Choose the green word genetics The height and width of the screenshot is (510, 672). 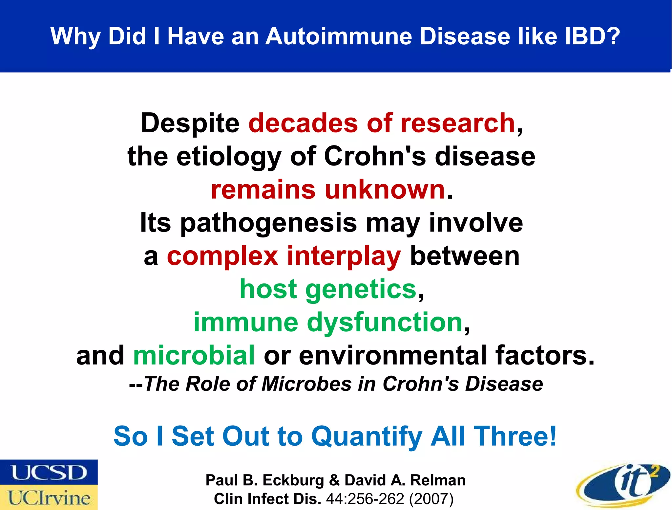click(x=361, y=290)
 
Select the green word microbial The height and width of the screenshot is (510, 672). click(x=194, y=355)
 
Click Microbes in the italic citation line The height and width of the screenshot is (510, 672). click(x=306, y=384)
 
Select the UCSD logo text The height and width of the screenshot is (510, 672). click(x=49, y=473)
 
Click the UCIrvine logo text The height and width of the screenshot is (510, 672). click(x=49, y=498)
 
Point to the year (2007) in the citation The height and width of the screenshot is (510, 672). click(x=431, y=499)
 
